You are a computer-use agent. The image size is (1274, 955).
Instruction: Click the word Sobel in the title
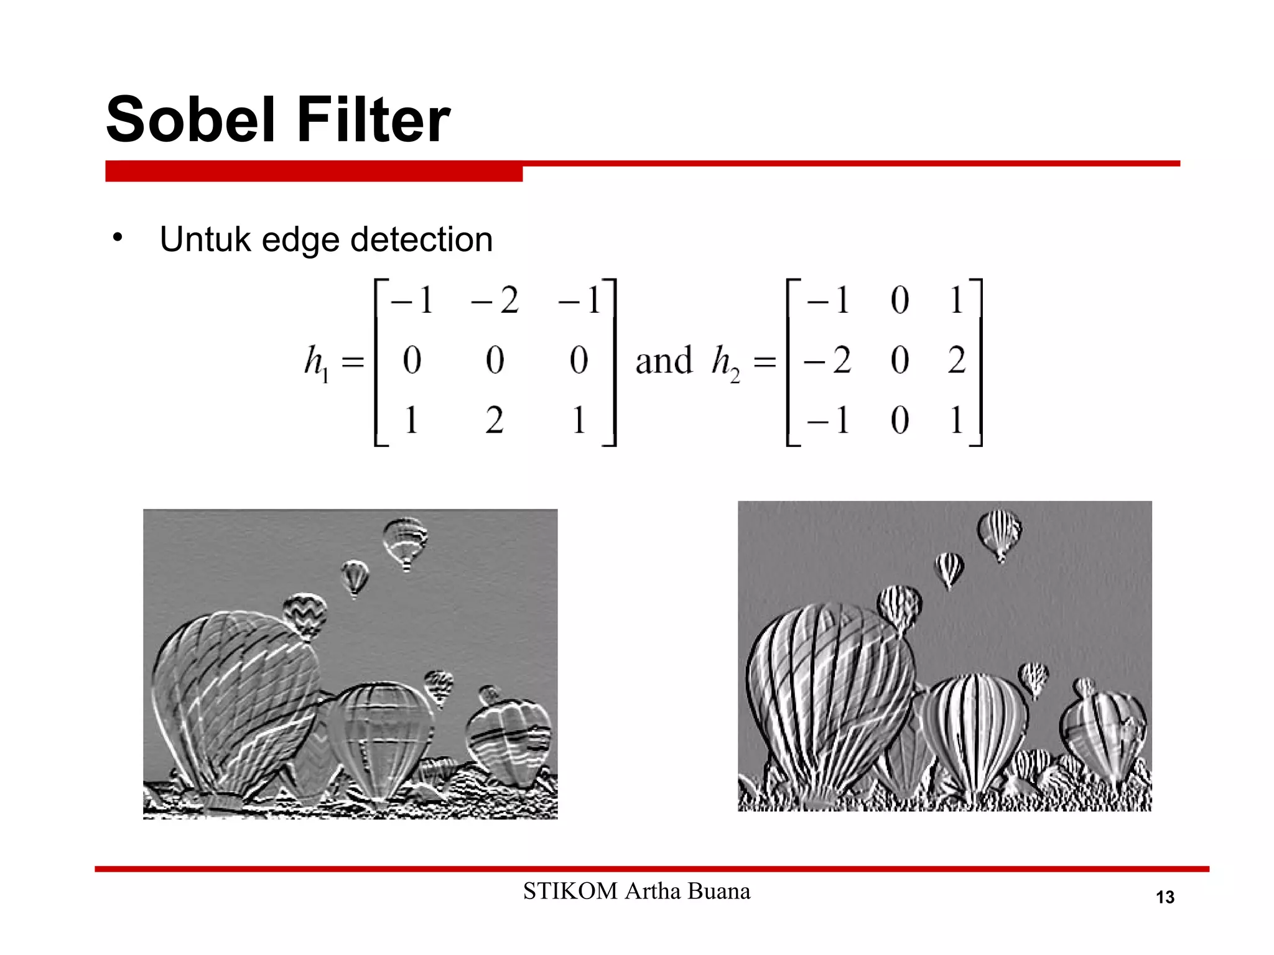click(x=190, y=119)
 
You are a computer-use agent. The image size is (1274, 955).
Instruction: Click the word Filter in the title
click(x=373, y=119)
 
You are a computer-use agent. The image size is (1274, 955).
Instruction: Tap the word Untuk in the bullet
click(x=205, y=239)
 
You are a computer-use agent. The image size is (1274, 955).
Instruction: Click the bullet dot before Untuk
click(x=117, y=238)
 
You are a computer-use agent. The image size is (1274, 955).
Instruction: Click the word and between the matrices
click(x=663, y=361)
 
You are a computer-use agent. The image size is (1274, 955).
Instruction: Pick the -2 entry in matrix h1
click(x=495, y=301)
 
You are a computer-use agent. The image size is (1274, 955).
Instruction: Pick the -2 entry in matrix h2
click(x=828, y=361)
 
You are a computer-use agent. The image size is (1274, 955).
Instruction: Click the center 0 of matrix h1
click(x=495, y=360)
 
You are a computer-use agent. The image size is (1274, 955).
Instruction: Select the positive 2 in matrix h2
click(x=957, y=361)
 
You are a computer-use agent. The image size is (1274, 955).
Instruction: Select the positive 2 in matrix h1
click(x=495, y=420)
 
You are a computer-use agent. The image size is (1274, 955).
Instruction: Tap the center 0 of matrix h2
click(x=900, y=361)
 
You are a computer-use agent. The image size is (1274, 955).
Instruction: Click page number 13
click(x=1165, y=897)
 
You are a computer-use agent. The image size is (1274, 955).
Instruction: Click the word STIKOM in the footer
click(x=570, y=892)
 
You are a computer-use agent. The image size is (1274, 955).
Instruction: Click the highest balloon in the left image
click(x=405, y=540)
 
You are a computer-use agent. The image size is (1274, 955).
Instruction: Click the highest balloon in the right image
click(x=999, y=532)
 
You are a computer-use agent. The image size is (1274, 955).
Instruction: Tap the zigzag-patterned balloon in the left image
click(x=305, y=614)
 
